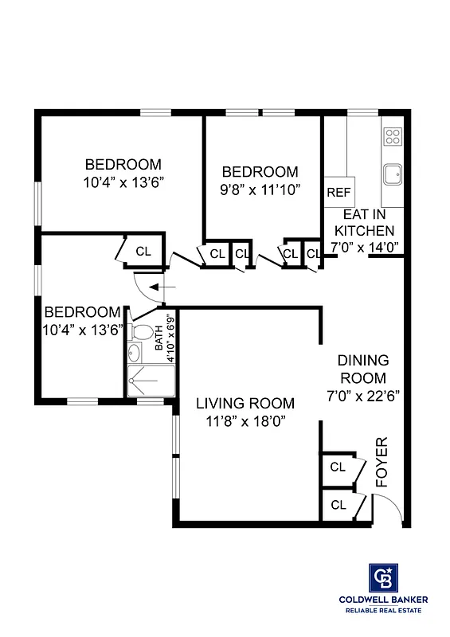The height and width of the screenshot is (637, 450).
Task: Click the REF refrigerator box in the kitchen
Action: click(x=339, y=192)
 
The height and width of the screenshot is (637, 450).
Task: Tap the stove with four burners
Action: click(x=393, y=136)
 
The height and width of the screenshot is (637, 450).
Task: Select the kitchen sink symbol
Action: click(x=392, y=174)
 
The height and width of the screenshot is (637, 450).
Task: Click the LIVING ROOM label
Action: click(x=245, y=403)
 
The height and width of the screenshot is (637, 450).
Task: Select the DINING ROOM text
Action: click(x=363, y=369)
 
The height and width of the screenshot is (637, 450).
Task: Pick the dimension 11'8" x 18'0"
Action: click(x=245, y=420)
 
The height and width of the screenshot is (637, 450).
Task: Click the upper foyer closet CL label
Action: click(x=338, y=467)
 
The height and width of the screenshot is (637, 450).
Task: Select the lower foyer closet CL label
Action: click(x=338, y=504)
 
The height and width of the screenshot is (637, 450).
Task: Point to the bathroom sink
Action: click(x=134, y=355)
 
